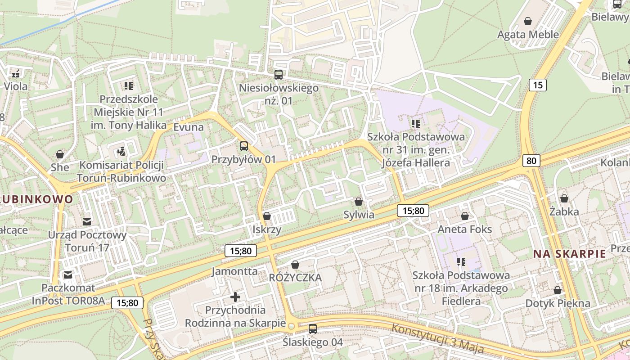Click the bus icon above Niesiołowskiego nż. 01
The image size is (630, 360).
click(x=279, y=75)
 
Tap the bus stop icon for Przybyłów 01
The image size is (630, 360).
click(x=243, y=146)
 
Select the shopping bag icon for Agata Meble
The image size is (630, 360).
click(x=528, y=21)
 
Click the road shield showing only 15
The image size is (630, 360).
click(x=537, y=85)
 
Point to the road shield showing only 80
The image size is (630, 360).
click(x=531, y=161)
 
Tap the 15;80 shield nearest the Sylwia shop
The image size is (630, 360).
click(x=413, y=210)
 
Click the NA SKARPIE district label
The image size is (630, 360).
click(x=569, y=254)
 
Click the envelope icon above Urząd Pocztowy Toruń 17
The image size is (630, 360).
click(x=87, y=221)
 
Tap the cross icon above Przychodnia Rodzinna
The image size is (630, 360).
click(x=235, y=297)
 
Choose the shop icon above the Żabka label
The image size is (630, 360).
click(x=564, y=198)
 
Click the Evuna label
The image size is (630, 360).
click(x=189, y=127)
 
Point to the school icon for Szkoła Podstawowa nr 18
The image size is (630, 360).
click(x=461, y=261)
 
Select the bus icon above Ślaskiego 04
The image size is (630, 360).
click(x=313, y=329)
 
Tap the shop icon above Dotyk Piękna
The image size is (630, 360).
click(x=558, y=290)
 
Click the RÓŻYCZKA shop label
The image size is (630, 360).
click(x=295, y=278)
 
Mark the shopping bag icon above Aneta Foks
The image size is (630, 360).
click(x=465, y=216)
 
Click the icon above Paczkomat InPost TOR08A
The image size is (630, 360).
click(x=68, y=274)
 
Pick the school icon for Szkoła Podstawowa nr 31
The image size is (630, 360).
click(x=415, y=123)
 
